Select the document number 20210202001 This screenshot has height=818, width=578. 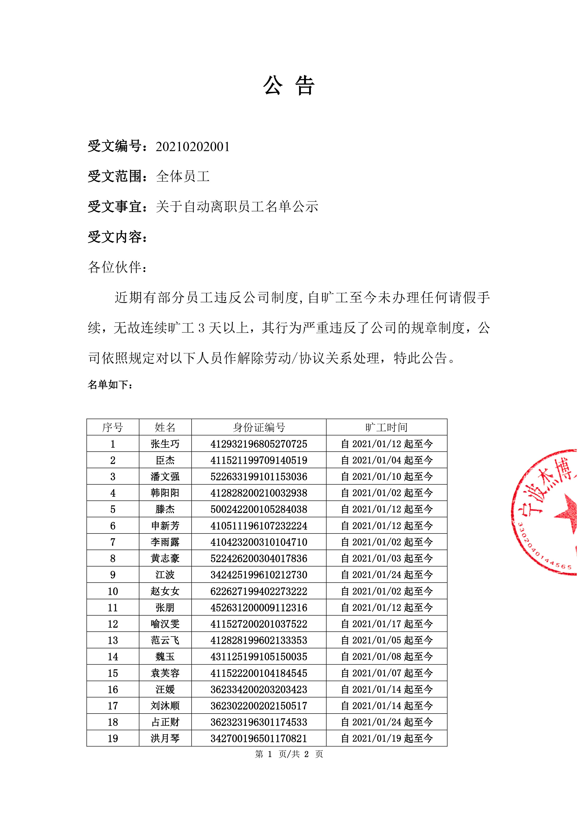193,147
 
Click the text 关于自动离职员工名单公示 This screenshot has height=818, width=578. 237,207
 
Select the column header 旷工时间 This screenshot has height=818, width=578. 386,427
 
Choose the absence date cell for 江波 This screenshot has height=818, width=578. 386,575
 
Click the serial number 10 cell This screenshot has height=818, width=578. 113,591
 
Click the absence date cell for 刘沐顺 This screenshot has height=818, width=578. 386,706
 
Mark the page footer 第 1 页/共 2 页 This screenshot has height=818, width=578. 289,754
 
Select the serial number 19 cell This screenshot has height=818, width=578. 113,738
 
